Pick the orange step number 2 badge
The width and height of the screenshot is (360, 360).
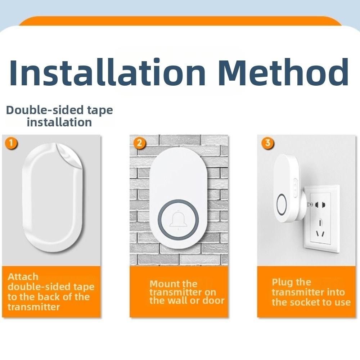(x=140, y=143)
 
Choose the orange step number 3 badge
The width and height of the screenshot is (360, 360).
(x=267, y=143)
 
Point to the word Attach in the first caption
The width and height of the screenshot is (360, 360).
(x=23, y=277)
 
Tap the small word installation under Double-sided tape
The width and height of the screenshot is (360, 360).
(x=59, y=122)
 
